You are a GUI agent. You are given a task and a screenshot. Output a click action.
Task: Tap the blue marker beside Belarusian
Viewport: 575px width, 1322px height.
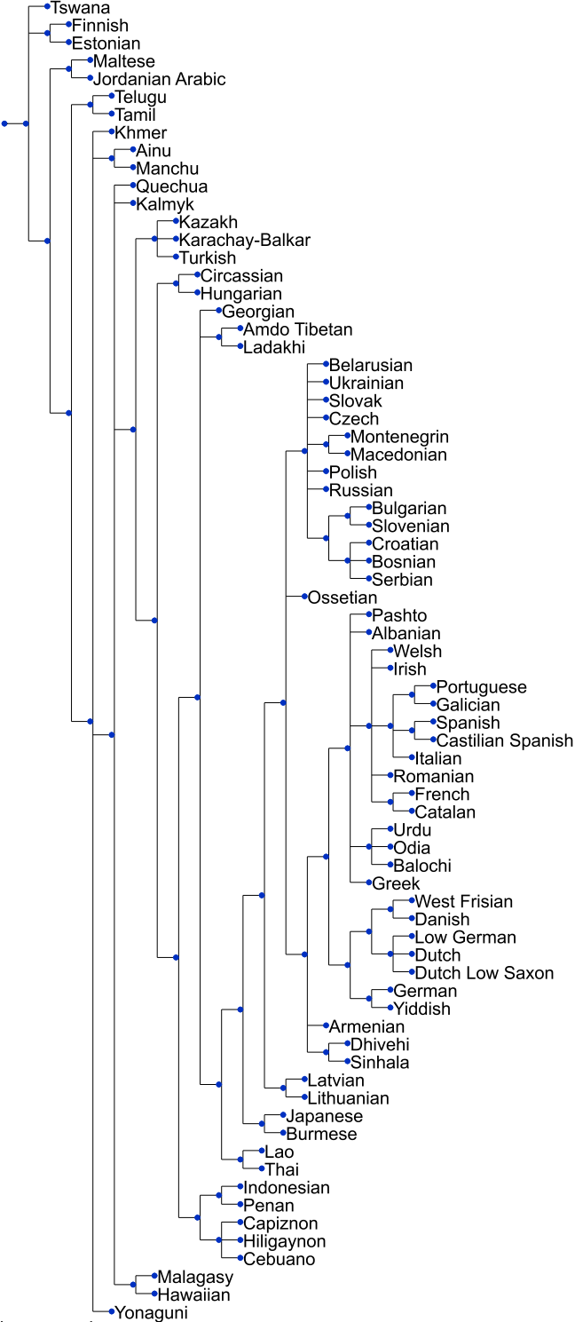tap(326, 365)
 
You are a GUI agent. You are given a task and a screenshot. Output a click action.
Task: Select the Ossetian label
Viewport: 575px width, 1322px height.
tap(343, 598)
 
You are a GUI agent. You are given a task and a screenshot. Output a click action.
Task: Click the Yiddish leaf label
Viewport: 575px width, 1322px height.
tap(422, 1009)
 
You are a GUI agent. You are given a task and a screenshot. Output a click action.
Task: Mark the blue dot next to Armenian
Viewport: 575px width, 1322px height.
tap(326, 1027)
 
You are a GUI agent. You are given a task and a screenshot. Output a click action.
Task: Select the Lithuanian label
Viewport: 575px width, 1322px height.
tap(348, 1098)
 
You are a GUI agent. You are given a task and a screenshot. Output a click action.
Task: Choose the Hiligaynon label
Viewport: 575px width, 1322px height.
tap(285, 1241)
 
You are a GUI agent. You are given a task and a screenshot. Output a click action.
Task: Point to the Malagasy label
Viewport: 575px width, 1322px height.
tap(195, 1278)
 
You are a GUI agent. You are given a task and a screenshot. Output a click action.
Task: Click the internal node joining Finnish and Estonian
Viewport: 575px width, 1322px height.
tap(47, 34)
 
